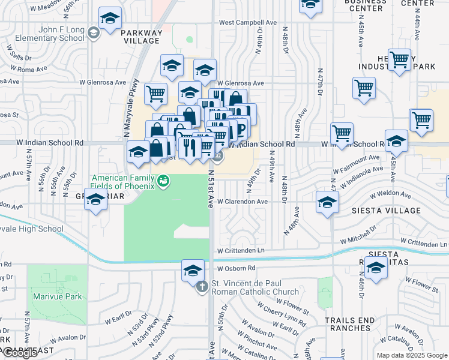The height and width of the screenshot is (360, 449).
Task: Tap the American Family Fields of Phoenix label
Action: coord(123,181)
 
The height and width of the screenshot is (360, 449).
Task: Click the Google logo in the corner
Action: coord(20,353)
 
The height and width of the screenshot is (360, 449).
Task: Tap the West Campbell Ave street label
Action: coord(247,22)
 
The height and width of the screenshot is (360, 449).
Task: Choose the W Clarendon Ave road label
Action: coord(242,202)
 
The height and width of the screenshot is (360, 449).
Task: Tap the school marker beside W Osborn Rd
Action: coord(193,270)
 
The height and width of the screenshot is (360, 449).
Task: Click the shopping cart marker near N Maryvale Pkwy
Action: coord(155,93)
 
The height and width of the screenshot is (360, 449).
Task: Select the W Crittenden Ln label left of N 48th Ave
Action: coord(240,250)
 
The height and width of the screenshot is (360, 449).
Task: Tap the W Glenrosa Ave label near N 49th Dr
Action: coord(241,83)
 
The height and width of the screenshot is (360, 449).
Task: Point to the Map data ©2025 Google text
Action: coord(412,355)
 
